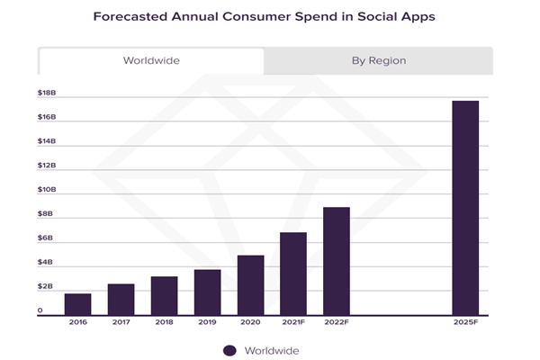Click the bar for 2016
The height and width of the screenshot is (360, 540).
pyautogui.click(x=77, y=303)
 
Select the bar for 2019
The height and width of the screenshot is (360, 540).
pyautogui.click(x=207, y=292)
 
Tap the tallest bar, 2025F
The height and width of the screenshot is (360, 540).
pyautogui.click(x=465, y=207)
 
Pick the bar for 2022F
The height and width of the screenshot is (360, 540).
pyautogui.click(x=336, y=260)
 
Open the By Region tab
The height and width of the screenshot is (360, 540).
pyautogui.click(x=378, y=61)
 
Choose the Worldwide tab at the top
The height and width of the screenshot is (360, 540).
pyautogui.click(x=151, y=61)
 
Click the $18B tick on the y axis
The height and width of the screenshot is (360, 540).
pyautogui.click(x=46, y=93)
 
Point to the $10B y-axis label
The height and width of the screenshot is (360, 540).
pyautogui.click(x=46, y=190)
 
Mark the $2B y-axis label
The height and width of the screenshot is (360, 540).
pyautogui.click(x=46, y=287)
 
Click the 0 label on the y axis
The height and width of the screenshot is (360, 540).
pyautogui.click(x=40, y=310)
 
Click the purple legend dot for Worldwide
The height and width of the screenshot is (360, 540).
pyautogui.click(x=229, y=350)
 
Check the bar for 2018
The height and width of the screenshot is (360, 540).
pyautogui.click(x=164, y=295)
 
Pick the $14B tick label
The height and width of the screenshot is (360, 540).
pyautogui.click(x=46, y=141)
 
